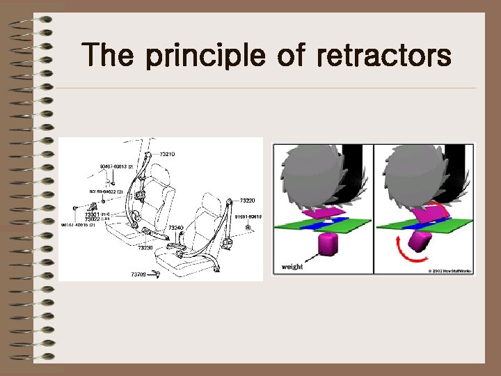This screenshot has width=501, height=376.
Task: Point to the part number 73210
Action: [x=167, y=154]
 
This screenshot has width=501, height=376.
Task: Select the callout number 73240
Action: [x=175, y=228]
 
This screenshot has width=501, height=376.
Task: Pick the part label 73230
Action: [x=145, y=247]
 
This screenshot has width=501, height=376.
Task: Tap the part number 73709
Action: [x=139, y=274]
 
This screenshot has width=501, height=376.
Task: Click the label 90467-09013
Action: [x=116, y=167]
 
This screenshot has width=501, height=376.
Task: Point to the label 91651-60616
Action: [x=247, y=217]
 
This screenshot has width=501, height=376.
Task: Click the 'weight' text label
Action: [x=292, y=267]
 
